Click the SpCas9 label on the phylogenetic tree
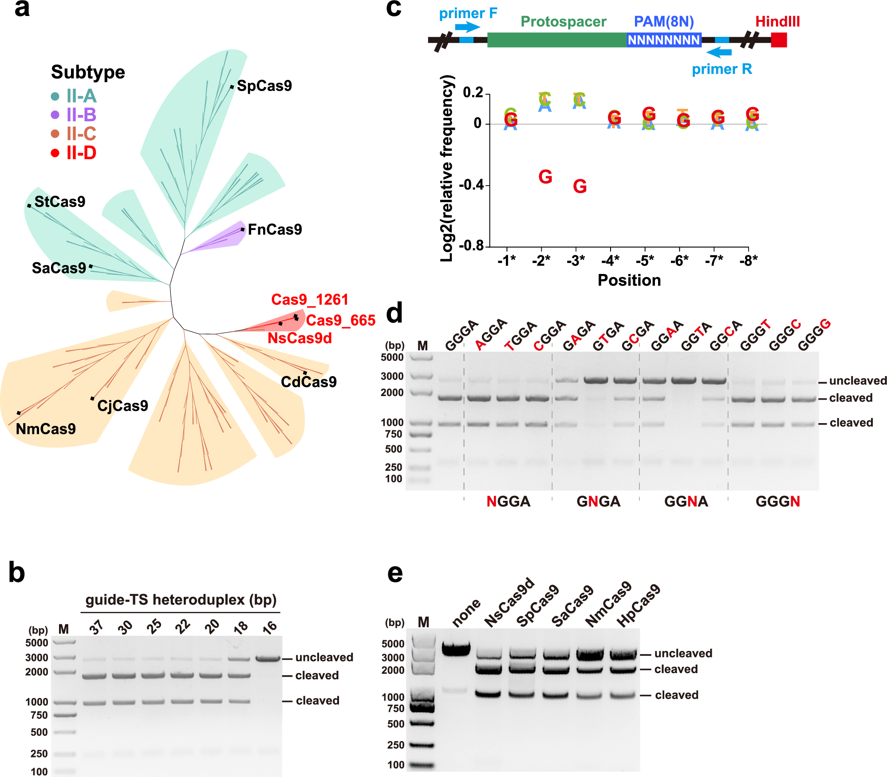pos(264,86)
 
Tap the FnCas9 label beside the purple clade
pos(275,230)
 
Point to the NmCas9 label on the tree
pos(46,429)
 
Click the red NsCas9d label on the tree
pos(300,338)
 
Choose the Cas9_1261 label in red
pos(309,300)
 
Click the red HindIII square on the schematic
pos(779,40)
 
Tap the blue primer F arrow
pos(468,27)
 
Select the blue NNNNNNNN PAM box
pos(663,40)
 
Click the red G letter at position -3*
pos(580,186)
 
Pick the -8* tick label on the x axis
pos(748,261)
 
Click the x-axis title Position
pos(629,280)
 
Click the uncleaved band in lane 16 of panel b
pos(268,658)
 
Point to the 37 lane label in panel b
pos(96,627)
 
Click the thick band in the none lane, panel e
pos(456,650)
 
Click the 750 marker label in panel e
pos(395,709)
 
